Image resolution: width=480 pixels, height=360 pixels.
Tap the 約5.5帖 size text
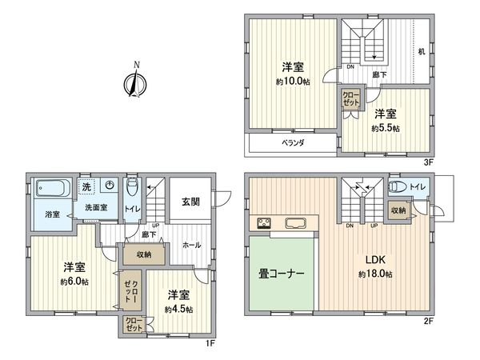[386, 126]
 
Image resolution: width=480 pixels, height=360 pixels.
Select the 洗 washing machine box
[86, 186]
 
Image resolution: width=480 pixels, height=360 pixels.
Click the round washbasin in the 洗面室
[110, 186]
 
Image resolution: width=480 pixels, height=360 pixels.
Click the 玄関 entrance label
[190, 202]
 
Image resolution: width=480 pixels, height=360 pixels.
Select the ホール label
[192, 244]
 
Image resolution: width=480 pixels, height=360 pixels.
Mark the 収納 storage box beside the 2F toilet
[398, 210]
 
